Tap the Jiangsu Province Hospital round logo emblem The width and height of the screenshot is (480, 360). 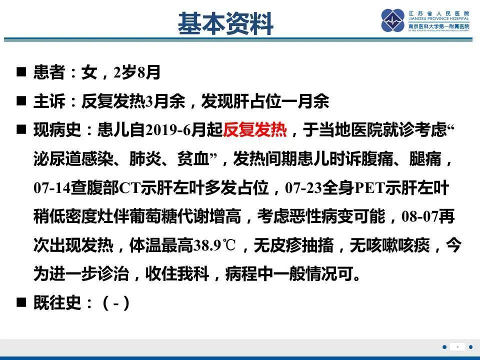393,20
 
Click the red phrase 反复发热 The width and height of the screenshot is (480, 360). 255,131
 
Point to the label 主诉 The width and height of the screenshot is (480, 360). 49,101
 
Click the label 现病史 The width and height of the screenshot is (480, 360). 56,131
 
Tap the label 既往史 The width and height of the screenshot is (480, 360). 56,302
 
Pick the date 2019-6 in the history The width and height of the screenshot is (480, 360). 168,131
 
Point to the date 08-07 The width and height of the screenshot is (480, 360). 422,217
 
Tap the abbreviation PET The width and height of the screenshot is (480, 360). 366,188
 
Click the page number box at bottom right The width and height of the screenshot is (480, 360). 457,346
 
